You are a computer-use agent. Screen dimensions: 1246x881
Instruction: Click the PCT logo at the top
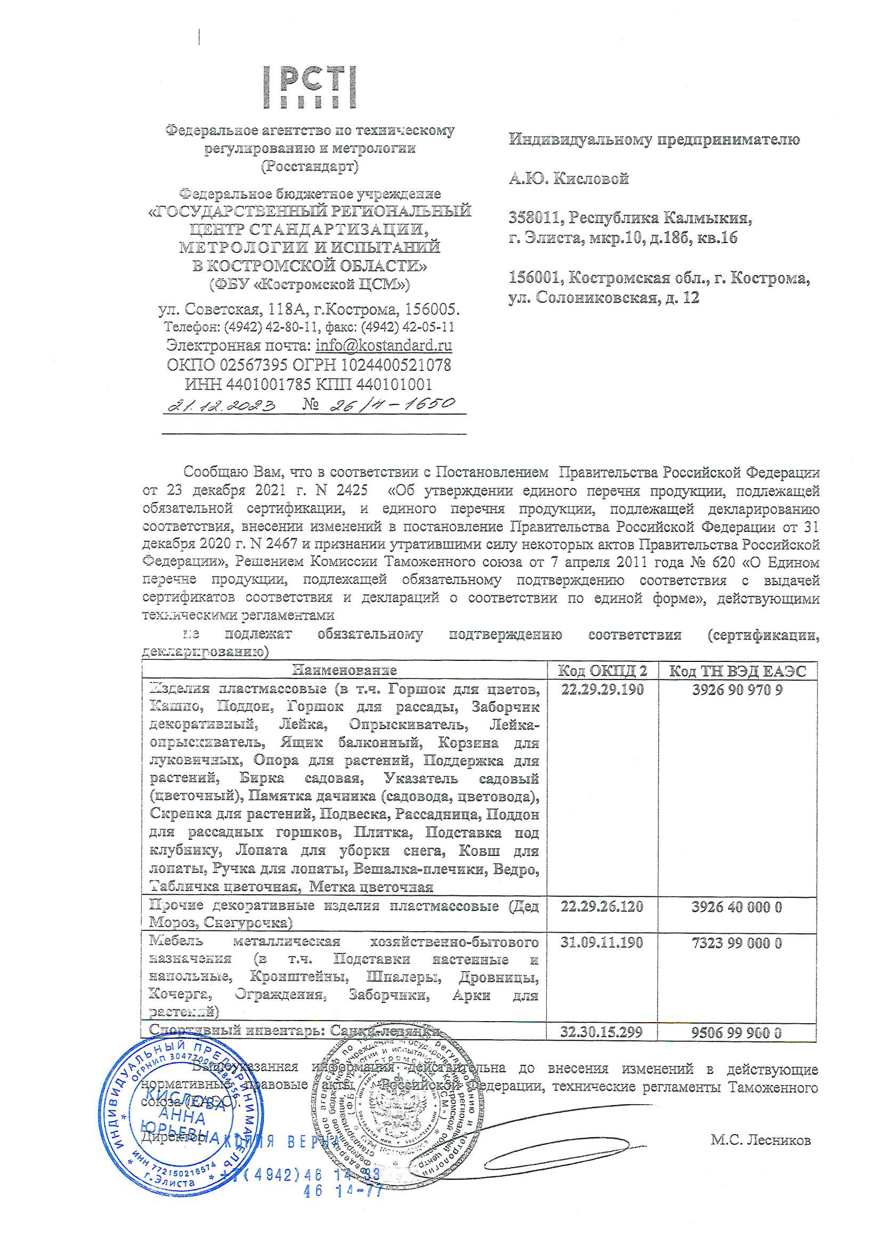coord(311,87)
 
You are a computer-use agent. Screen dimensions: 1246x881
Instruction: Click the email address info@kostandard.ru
coord(384,345)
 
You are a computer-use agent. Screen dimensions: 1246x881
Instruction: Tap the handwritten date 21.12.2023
coord(222,405)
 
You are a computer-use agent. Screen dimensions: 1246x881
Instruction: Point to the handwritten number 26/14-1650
coord(392,404)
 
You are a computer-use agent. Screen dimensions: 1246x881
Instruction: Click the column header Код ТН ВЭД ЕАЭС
coord(737,671)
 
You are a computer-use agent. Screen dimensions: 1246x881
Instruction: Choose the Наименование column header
coord(344,670)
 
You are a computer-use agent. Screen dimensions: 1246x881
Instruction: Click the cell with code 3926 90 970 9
coord(737,690)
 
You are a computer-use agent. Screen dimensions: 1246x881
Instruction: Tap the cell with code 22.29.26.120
coord(602,907)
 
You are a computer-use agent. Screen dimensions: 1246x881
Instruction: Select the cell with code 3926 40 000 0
coord(737,907)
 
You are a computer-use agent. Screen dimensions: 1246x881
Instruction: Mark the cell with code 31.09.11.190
coord(602,942)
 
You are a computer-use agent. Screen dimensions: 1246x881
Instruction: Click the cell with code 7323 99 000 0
coord(737,943)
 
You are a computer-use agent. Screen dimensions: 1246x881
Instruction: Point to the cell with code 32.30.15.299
coord(601,1032)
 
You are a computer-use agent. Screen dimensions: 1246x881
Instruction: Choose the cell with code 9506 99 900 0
coord(737,1032)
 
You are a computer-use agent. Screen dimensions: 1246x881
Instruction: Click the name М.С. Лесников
coord(761,1139)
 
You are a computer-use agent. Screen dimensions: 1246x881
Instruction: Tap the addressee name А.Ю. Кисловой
coord(568,179)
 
